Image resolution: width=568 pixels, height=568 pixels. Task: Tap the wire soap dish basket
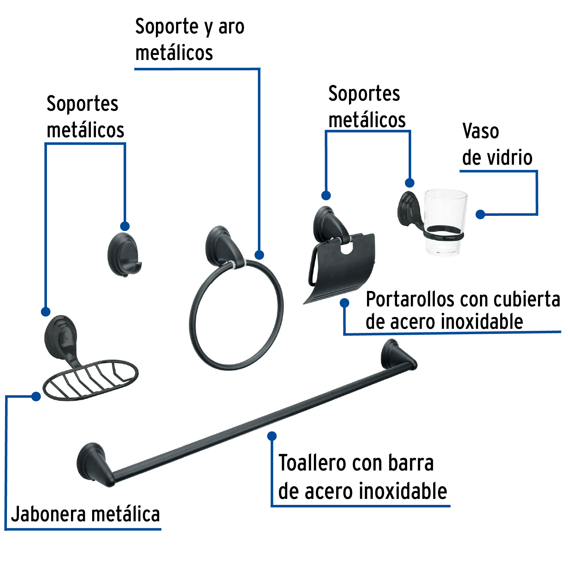(x=91, y=380)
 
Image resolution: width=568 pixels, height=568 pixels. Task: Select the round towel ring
(x=236, y=316)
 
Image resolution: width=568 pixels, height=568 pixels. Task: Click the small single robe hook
(x=124, y=254)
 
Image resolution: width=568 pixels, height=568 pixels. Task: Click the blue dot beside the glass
(x=480, y=215)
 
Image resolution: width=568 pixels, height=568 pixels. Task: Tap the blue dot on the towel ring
(x=259, y=255)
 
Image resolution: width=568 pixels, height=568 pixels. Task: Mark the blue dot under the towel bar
(x=272, y=436)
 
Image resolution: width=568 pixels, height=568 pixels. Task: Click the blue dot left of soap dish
(x=36, y=397)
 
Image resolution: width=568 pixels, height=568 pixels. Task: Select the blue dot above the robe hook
(x=125, y=226)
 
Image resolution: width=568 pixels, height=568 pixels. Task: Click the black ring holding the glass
(x=443, y=234)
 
